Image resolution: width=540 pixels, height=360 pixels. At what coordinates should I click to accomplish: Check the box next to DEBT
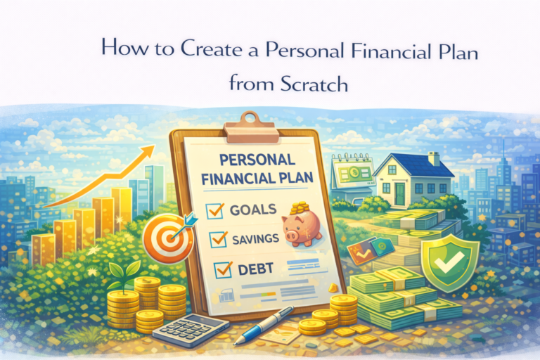(223, 268)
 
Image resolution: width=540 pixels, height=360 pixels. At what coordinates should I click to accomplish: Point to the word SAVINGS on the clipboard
(255, 239)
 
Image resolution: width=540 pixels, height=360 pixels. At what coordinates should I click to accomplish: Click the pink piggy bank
(300, 228)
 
